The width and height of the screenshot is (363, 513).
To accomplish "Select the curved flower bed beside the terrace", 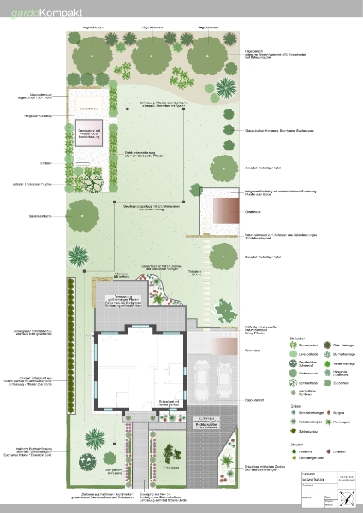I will pos(160,294).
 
